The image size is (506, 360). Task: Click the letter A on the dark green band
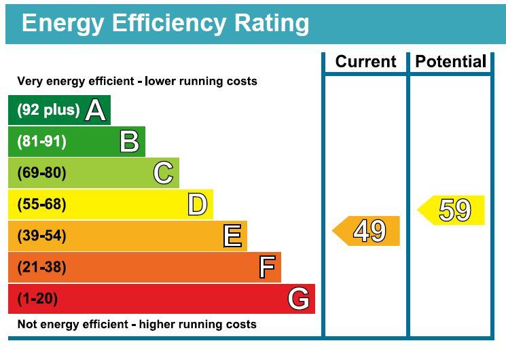[x=96, y=110]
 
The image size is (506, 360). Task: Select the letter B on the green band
[x=129, y=141]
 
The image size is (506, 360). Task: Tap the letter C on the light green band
[x=163, y=173]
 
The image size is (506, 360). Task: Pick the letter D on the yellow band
[x=197, y=204]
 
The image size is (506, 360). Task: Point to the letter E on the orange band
[x=232, y=236]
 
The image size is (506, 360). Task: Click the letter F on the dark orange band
[x=267, y=268]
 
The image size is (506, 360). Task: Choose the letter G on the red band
[x=299, y=299]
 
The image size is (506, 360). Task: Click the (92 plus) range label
[x=48, y=110]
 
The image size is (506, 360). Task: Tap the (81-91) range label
[x=41, y=141]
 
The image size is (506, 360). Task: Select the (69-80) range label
[x=41, y=173]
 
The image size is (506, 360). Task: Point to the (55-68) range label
[x=41, y=204]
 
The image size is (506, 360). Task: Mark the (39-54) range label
[x=41, y=236]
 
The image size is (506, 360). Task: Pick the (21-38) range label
[x=41, y=268]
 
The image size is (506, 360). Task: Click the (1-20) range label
[x=38, y=299]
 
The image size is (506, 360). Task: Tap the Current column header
[x=365, y=62]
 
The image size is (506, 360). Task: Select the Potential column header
[x=450, y=62]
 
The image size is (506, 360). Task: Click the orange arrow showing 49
[x=367, y=231]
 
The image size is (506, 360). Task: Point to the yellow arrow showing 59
[x=452, y=210]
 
